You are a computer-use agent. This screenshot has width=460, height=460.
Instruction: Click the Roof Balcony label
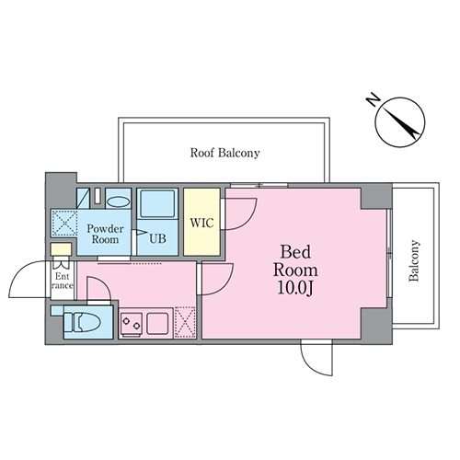coord(224,153)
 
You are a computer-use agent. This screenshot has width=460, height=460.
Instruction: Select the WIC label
coord(201,223)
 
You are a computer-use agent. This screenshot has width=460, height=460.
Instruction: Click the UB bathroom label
coord(157,238)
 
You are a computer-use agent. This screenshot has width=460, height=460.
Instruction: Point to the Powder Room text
coord(105,234)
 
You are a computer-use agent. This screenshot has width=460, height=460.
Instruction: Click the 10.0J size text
coord(295,288)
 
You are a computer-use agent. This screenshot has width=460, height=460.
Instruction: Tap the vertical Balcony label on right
coord(414,260)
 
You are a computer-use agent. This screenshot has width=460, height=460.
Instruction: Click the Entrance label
coord(62,281)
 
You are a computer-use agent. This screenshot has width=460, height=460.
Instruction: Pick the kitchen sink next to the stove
coord(157,323)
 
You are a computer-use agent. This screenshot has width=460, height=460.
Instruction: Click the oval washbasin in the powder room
coord(119,202)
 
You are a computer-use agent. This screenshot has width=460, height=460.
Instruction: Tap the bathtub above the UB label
coord(157,203)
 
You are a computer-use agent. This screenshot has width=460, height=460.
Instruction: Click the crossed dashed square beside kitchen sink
coord(185,322)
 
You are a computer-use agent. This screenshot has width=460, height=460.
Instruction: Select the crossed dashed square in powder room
coord(63,223)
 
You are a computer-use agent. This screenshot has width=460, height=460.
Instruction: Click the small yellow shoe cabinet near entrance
coord(61,249)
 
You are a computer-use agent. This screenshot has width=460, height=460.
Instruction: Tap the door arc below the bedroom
coord(309,366)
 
